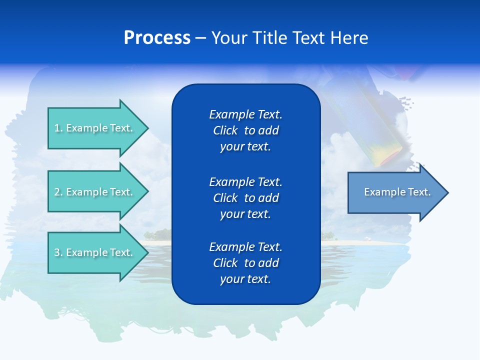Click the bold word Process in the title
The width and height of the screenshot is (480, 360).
point(157,38)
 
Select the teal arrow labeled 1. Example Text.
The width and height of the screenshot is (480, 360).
point(95,128)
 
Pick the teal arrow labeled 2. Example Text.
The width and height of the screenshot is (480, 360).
point(95,192)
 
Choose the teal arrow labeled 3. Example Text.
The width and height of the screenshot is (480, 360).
point(95,252)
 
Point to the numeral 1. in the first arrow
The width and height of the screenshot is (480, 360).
point(58,128)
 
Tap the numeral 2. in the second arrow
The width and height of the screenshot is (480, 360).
point(58,192)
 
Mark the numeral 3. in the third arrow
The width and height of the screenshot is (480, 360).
point(58,252)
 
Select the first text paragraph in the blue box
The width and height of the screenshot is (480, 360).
point(245,130)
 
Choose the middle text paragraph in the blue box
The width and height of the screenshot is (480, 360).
point(245,197)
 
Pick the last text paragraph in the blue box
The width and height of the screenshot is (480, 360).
point(245,263)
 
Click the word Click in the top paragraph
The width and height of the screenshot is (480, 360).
point(225,131)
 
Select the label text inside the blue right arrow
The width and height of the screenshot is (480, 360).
point(397,192)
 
